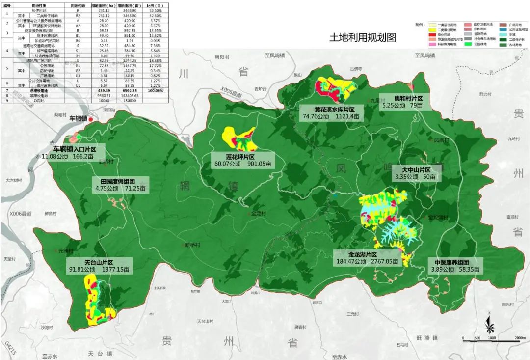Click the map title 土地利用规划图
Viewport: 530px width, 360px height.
pyautogui.click(x=363, y=38)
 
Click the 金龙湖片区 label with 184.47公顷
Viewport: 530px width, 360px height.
pyautogui.click(x=362, y=255)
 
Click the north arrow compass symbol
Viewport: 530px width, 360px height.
pyautogui.click(x=489, y=323)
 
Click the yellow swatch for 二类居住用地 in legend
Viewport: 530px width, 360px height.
pyautogui.click(x=432, y=30)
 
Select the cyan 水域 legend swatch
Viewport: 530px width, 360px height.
pyautogui.click(x=503, y=35)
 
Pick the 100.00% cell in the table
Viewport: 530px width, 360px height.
pyautogui.click(x=155, y=91)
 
